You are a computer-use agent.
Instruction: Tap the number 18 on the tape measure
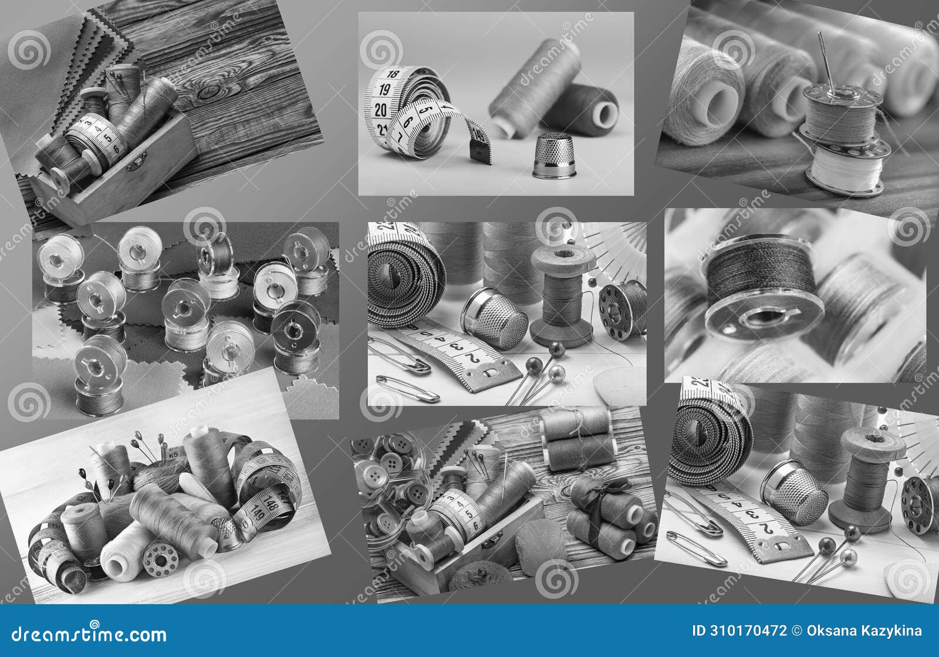pyautogui.click(x=393, y=75)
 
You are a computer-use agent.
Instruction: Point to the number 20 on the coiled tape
pyautogui.click(x=380, y=109)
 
